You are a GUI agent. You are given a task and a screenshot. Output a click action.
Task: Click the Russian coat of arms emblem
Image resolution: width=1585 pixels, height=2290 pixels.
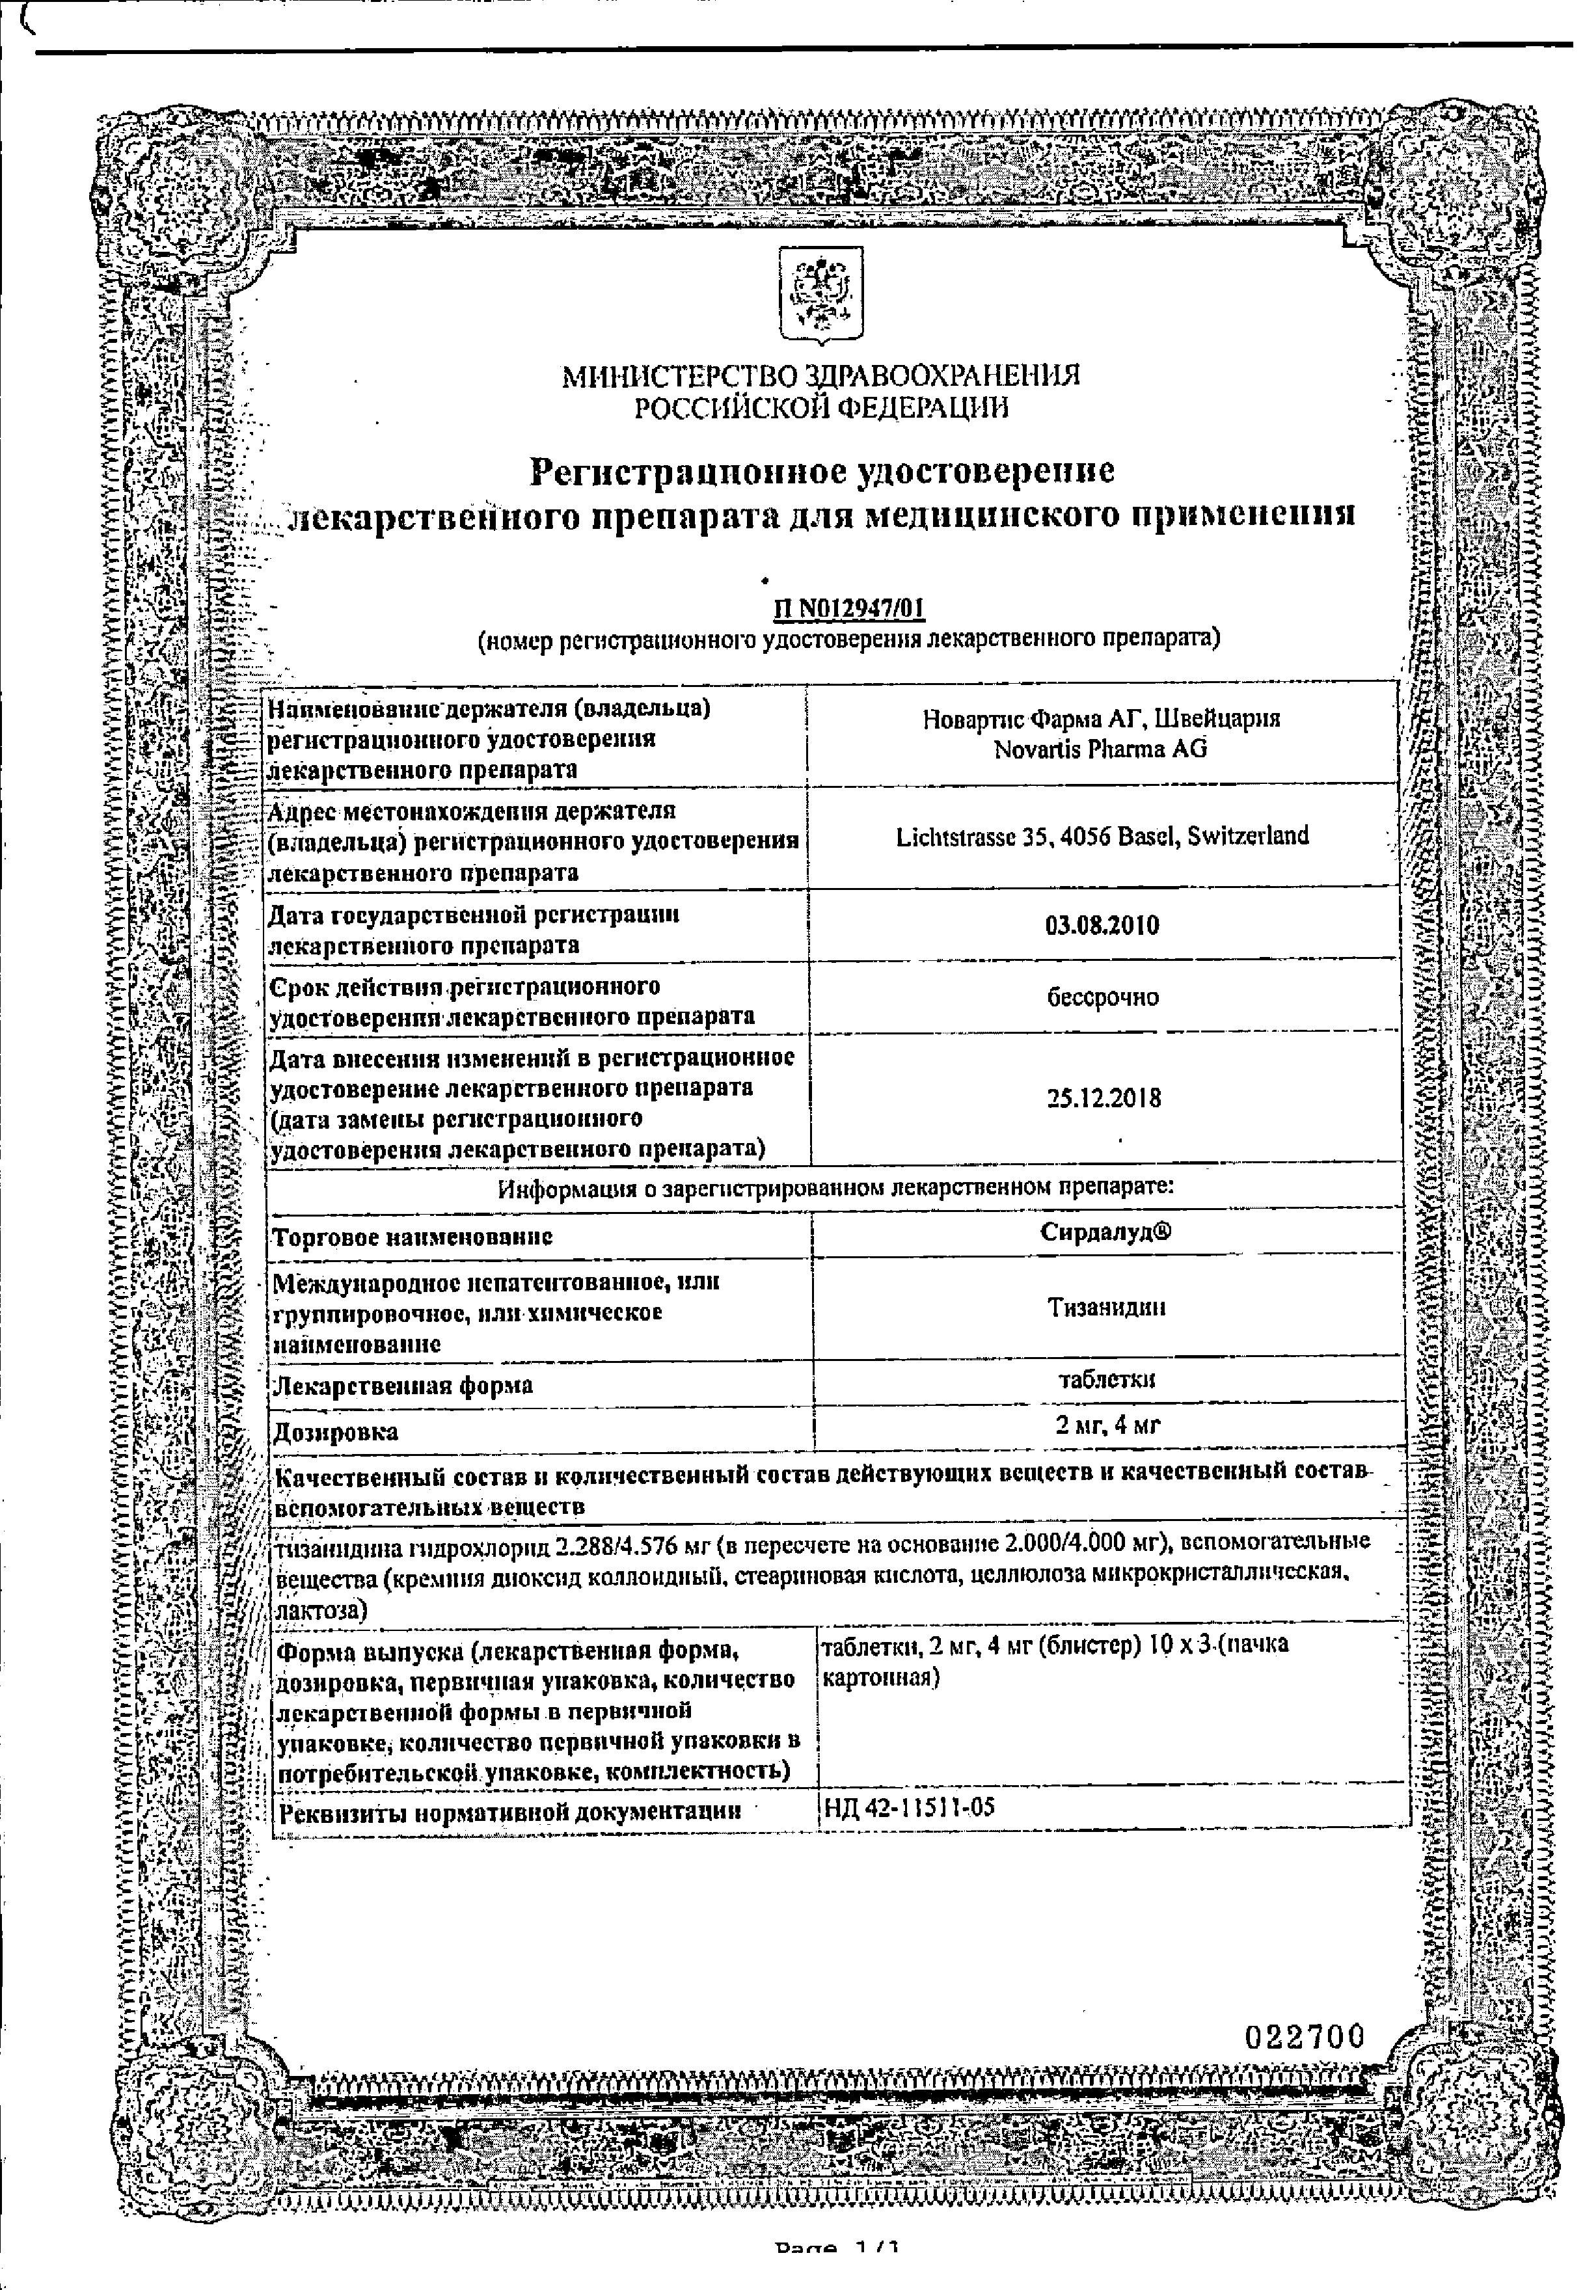coord(820,294)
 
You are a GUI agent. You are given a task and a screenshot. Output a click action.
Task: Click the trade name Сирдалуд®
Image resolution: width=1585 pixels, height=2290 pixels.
coord(1105,1232)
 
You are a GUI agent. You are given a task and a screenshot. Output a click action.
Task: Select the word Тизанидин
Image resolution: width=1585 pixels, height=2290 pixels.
coord(1106,1308)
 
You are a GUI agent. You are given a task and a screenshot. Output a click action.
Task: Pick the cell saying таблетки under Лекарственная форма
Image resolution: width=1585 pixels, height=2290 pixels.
coord(1106,1379)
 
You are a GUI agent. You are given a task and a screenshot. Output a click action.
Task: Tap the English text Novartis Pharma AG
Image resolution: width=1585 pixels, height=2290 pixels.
coord(1100,749)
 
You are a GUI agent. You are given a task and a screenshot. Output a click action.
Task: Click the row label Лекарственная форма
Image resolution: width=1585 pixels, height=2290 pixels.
coord(403,1385)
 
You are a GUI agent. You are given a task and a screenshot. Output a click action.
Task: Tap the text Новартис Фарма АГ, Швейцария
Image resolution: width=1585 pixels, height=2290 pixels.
coord(1100,718)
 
